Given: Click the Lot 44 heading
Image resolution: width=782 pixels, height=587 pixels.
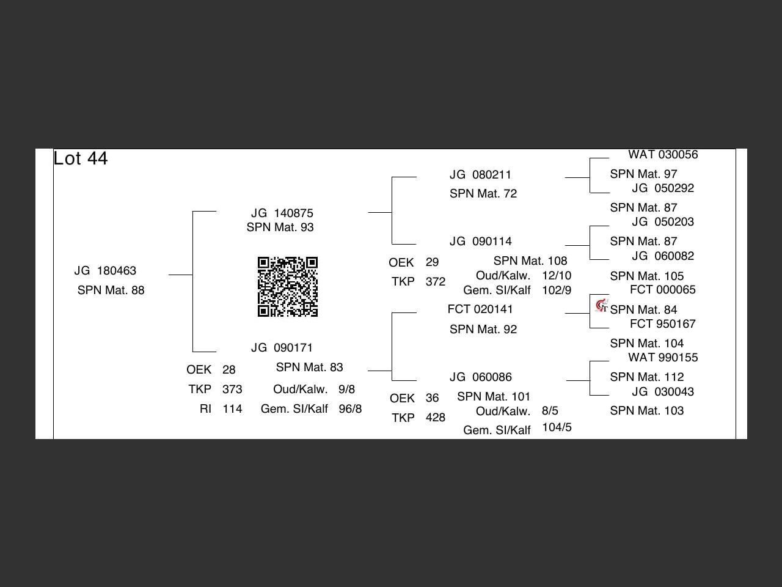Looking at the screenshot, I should pos(81,158).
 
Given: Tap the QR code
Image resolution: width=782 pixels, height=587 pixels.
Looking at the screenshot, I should pos(288,287).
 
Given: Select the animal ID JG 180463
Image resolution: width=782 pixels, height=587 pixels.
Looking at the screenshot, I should pos(105,271).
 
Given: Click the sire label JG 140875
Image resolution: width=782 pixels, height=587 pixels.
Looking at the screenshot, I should pos(282,213).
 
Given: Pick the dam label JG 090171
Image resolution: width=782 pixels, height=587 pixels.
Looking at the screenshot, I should pos(282,348).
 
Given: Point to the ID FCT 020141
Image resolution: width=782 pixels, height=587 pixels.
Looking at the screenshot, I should pos(480,309).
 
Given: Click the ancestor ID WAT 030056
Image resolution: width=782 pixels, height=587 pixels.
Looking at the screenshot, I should pos(663,155).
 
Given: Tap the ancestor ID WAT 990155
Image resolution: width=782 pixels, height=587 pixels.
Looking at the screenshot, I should pos(663,358).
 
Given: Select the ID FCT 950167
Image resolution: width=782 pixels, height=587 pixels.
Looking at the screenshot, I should pos(663,324).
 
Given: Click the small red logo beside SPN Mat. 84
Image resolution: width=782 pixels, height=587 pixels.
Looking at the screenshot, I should pos(602,305).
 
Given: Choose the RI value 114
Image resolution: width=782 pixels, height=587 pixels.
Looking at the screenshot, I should pos(232,409).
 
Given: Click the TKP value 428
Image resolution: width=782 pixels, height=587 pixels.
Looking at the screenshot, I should pos(435,418).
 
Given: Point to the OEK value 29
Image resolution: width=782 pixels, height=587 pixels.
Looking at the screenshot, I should pos(432,262).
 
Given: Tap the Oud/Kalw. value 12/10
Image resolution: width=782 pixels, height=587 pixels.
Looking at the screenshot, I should pos(557,276).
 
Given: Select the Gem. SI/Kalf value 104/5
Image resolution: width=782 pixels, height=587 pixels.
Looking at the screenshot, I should pos(557,427).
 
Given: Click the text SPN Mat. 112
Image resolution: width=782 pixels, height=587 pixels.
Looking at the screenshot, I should pos(646,377).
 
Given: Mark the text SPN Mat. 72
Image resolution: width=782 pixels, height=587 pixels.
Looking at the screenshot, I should pos(483,194).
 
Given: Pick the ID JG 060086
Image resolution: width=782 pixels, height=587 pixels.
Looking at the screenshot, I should pos(481,377).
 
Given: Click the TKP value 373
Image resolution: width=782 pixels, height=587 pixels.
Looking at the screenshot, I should pos(232,389).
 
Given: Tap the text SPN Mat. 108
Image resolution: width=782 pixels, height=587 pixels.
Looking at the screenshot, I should pos(530,261).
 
